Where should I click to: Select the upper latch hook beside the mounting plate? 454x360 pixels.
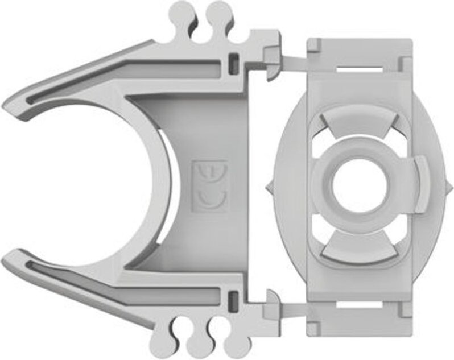point(272,63)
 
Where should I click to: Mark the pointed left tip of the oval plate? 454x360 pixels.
point(267,188)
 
